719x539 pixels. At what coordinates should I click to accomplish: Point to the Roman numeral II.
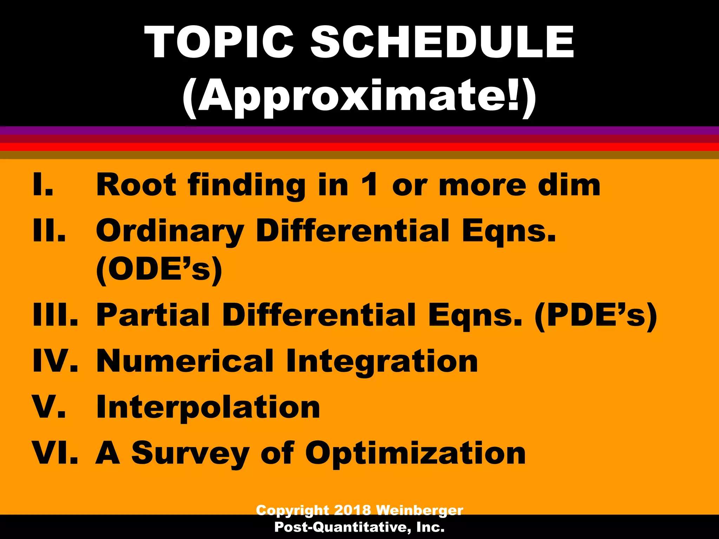[x=49, y=231]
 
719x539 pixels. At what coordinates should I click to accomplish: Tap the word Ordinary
[x=170, y=231]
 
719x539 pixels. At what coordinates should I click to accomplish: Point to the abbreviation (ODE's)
[x=159, y=269]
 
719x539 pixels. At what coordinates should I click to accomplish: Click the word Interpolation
[x=208, y=407]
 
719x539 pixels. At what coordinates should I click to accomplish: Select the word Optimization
[x=415, y=453]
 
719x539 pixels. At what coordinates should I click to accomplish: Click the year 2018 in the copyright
[x=352, y=510]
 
